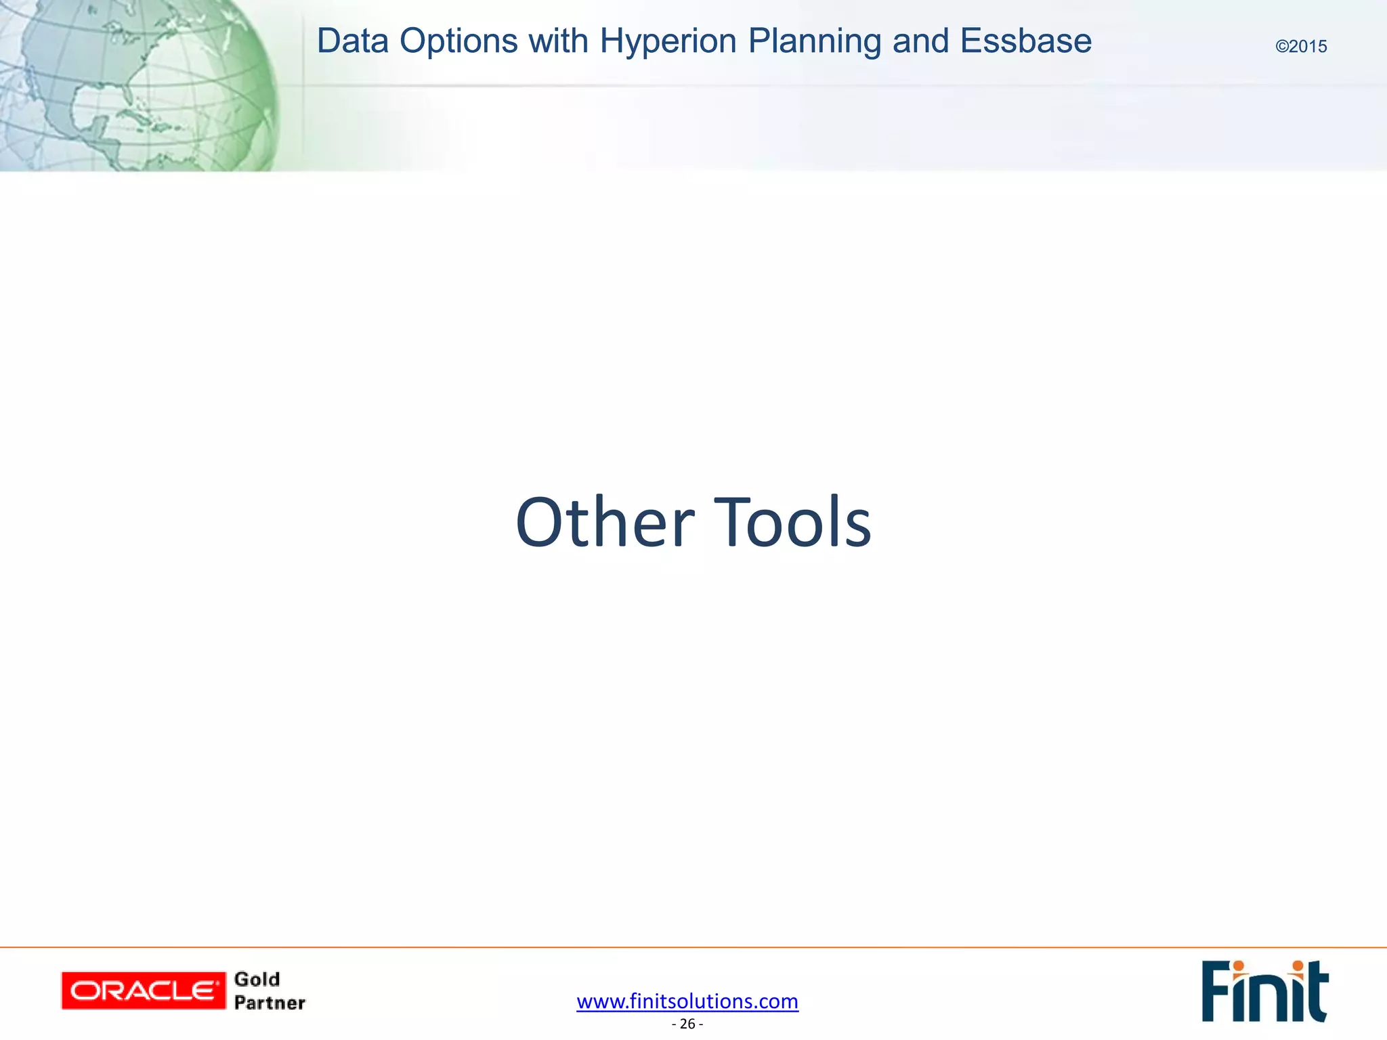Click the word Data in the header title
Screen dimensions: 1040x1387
352,41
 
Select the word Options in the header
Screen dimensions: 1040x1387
458,41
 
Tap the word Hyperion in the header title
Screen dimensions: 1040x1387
668,41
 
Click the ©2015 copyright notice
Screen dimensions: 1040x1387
1301,47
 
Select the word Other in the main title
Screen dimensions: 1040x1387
605,523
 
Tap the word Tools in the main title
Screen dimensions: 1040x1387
793,523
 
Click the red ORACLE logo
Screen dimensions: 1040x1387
143,991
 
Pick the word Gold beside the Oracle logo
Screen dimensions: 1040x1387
257,979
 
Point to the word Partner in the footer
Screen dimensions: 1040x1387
270,1003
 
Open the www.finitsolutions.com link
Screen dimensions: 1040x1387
687,1001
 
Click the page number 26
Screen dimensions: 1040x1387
687,1024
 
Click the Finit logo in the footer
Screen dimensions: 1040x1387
1264,991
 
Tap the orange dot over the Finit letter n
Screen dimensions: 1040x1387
1238,966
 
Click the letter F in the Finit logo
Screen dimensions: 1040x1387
1216,992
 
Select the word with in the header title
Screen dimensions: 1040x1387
558,41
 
